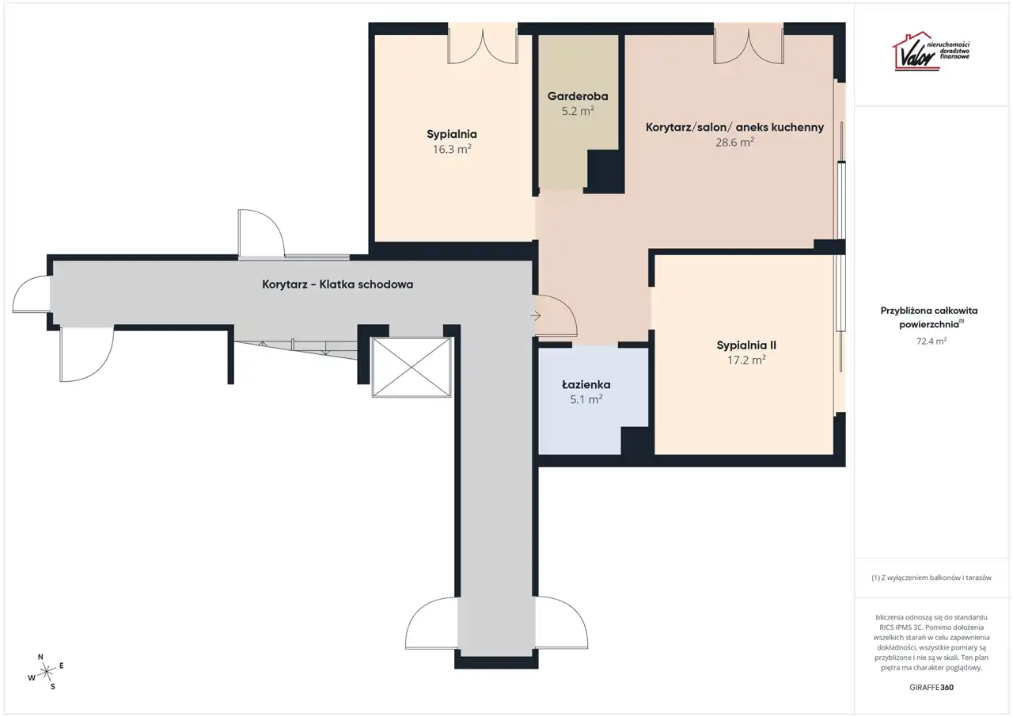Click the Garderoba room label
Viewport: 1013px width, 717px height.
point(578,96)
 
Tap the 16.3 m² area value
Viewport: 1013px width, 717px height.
point(452,149)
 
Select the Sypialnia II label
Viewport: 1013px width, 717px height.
point(746,345)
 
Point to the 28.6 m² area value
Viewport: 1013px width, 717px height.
point(734,142)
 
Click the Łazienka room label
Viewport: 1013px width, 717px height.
point(586,384)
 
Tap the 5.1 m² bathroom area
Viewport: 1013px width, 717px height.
point(586,399)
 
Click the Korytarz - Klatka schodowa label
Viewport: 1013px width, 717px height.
point(337,284)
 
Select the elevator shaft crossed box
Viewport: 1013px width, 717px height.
point(412,368)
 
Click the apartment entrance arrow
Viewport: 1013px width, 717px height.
point(536,316)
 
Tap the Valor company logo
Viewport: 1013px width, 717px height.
point(931,51)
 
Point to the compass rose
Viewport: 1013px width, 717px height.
point(46,673)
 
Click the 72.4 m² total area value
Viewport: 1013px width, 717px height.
point(931,341)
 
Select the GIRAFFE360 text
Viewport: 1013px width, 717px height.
point(931,687)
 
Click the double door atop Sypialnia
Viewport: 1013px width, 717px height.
point(483,45)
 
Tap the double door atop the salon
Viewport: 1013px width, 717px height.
point(749,45)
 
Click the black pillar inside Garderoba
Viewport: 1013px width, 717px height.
point(605,172)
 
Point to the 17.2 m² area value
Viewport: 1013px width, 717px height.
point(746,360)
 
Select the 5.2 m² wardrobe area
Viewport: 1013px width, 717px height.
point(578,111)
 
